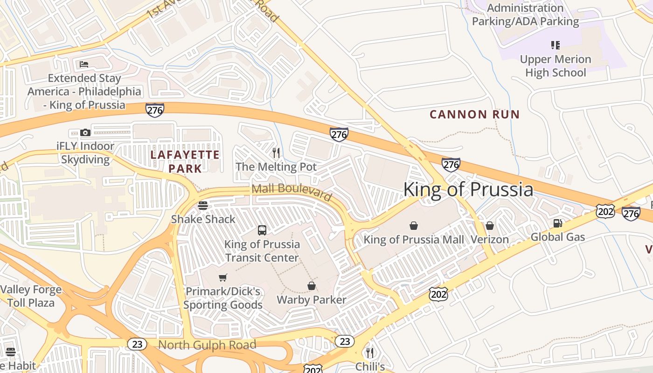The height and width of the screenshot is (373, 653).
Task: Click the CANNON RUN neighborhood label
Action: point(474,114)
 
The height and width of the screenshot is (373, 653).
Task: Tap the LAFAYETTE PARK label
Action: point(185,161)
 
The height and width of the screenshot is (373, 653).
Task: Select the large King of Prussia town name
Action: point(468,189)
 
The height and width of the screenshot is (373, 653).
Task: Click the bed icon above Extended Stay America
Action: point(84,64)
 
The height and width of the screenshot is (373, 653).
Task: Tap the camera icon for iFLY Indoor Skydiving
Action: point(85,133)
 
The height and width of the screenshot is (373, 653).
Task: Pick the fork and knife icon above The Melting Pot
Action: point(276,152)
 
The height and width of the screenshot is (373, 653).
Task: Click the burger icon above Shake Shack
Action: point(203,205)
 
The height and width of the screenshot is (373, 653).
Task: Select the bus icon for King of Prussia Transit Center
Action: point(262,230)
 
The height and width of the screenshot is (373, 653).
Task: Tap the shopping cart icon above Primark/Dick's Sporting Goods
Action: point(223,277)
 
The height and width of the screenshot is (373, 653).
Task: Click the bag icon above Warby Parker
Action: point(312,285)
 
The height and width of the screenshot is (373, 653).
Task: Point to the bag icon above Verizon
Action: point(489,226)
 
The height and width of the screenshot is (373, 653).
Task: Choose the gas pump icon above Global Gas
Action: point(557,223)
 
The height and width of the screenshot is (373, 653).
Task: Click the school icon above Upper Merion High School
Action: point(555,45)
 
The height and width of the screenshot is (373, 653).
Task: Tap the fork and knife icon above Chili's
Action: point(370,352)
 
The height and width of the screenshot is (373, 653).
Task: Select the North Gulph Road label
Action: point(207,345)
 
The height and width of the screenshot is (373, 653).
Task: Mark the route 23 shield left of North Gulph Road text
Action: point(137,344)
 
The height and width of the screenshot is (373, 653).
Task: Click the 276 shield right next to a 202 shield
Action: point(631,213)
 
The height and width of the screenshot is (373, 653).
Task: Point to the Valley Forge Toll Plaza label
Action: point(31,296)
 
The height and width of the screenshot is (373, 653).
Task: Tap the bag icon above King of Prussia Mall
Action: point(413,226)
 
